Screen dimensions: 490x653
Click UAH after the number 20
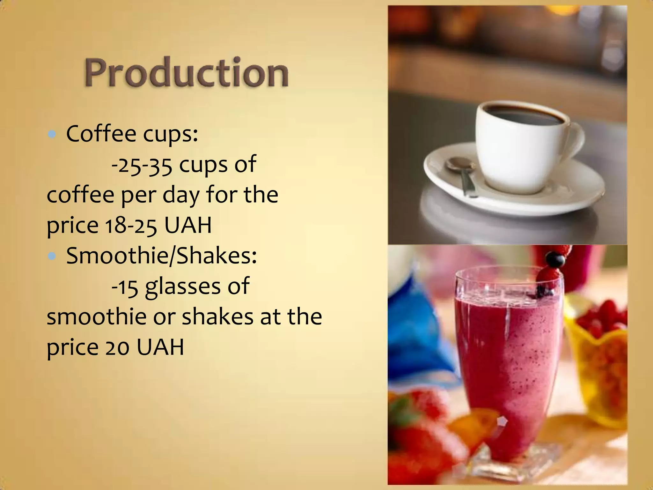coord(160,347)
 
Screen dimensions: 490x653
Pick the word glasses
coord(183,286)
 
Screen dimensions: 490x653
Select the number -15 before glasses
coord(125,286)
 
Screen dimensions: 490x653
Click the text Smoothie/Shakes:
coord(161,256)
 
